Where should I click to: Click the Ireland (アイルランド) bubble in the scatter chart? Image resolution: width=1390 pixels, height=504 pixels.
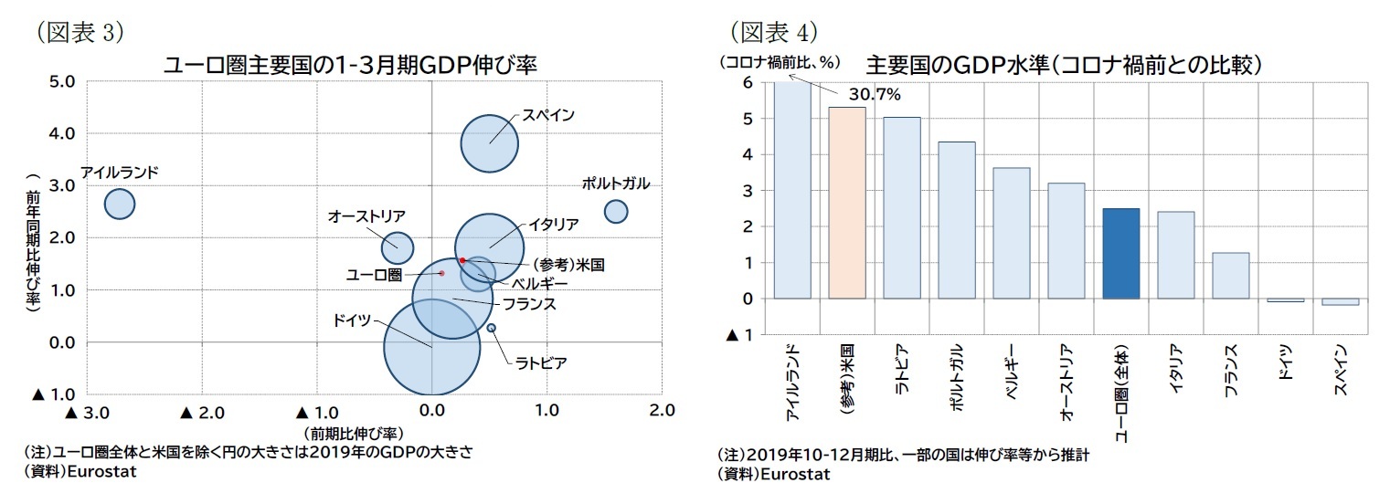[x=120, y=204]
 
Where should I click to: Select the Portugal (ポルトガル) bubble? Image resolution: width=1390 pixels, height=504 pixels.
[x=616, y=211]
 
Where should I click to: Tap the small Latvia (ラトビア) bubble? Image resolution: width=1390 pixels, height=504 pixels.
[x=492, y=328]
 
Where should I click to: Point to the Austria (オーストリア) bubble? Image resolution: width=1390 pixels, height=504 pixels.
[x=397, y=246]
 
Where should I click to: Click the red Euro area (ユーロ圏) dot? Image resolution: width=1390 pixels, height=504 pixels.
[x=441, y=273]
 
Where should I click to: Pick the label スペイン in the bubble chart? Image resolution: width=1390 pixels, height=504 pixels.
[x=548, y=116]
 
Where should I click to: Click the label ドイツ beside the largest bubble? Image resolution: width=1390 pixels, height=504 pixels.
[x=352, y=320]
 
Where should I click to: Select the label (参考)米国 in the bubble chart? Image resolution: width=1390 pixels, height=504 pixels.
[x=568, y=265]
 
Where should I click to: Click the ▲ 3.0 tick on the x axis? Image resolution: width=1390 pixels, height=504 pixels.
[x=88, y=412]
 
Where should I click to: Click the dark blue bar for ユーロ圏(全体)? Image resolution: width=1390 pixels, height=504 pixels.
[x=1120, y=254]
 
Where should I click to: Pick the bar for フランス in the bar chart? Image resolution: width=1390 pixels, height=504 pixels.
[x=1230, y=276]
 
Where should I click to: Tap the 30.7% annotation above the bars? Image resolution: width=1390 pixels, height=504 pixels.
[x=875, y=95]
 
